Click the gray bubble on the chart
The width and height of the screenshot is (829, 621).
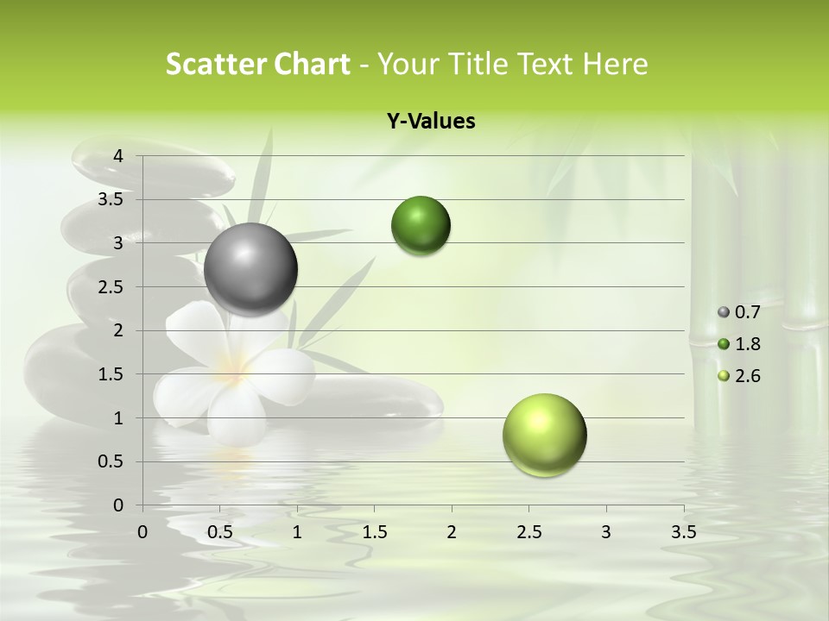tap(251, 269)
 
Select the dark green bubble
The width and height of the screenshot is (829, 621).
tap(421, 226)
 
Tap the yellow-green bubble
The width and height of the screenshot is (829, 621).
tap(545, 435)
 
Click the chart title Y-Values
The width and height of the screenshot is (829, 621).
tap(431, 122)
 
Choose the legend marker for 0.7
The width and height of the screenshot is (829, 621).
tap(724, 312)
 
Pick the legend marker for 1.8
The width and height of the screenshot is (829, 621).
tap(724, 344)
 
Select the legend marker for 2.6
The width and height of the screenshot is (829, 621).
tap(724, 376)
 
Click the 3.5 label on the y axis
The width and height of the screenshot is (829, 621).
tap(111, 199)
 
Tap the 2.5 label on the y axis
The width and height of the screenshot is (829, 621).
tap(111, 287)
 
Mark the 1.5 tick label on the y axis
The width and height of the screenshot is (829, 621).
tap(111, 374)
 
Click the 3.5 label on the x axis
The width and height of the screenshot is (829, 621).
tap(683, 532)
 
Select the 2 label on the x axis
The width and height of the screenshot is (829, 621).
tap(452, 532)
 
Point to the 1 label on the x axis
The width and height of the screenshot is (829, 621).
tap(297, 532)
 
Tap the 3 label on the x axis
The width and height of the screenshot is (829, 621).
tap(606, 532)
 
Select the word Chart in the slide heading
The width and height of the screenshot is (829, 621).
tap(312, 64)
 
